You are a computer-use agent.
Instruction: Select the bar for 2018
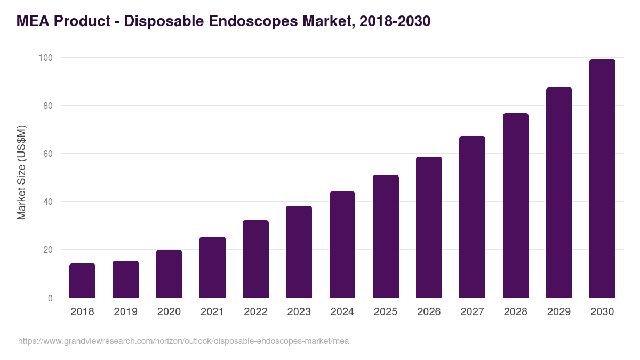(x=82, y=281)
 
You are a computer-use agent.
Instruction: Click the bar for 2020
(x=169, y=274)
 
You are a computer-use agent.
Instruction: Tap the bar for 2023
(x=299, y=252)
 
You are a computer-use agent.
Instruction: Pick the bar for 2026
(x=429, y=227)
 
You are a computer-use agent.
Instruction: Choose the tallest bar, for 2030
(x=602, y=179)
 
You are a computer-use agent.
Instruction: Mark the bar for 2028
(x=515, y=205)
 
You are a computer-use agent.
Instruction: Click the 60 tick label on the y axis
(x=47, y=154)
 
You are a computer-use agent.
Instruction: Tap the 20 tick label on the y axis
(x=47, y=250)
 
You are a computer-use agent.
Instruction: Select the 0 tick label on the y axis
(x=50, y=298)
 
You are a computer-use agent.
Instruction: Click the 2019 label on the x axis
(x=125, y=312)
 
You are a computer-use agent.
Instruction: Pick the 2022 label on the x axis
(x=255, y=312)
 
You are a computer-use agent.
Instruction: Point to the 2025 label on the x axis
(x=386, y=312)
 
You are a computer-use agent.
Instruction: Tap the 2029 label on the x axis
(x=559, y=312)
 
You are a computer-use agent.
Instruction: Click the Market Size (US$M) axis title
(x=21, y=172)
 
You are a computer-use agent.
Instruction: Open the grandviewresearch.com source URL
(x=183, y=341)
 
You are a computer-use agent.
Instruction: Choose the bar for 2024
(x=342, y=245)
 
